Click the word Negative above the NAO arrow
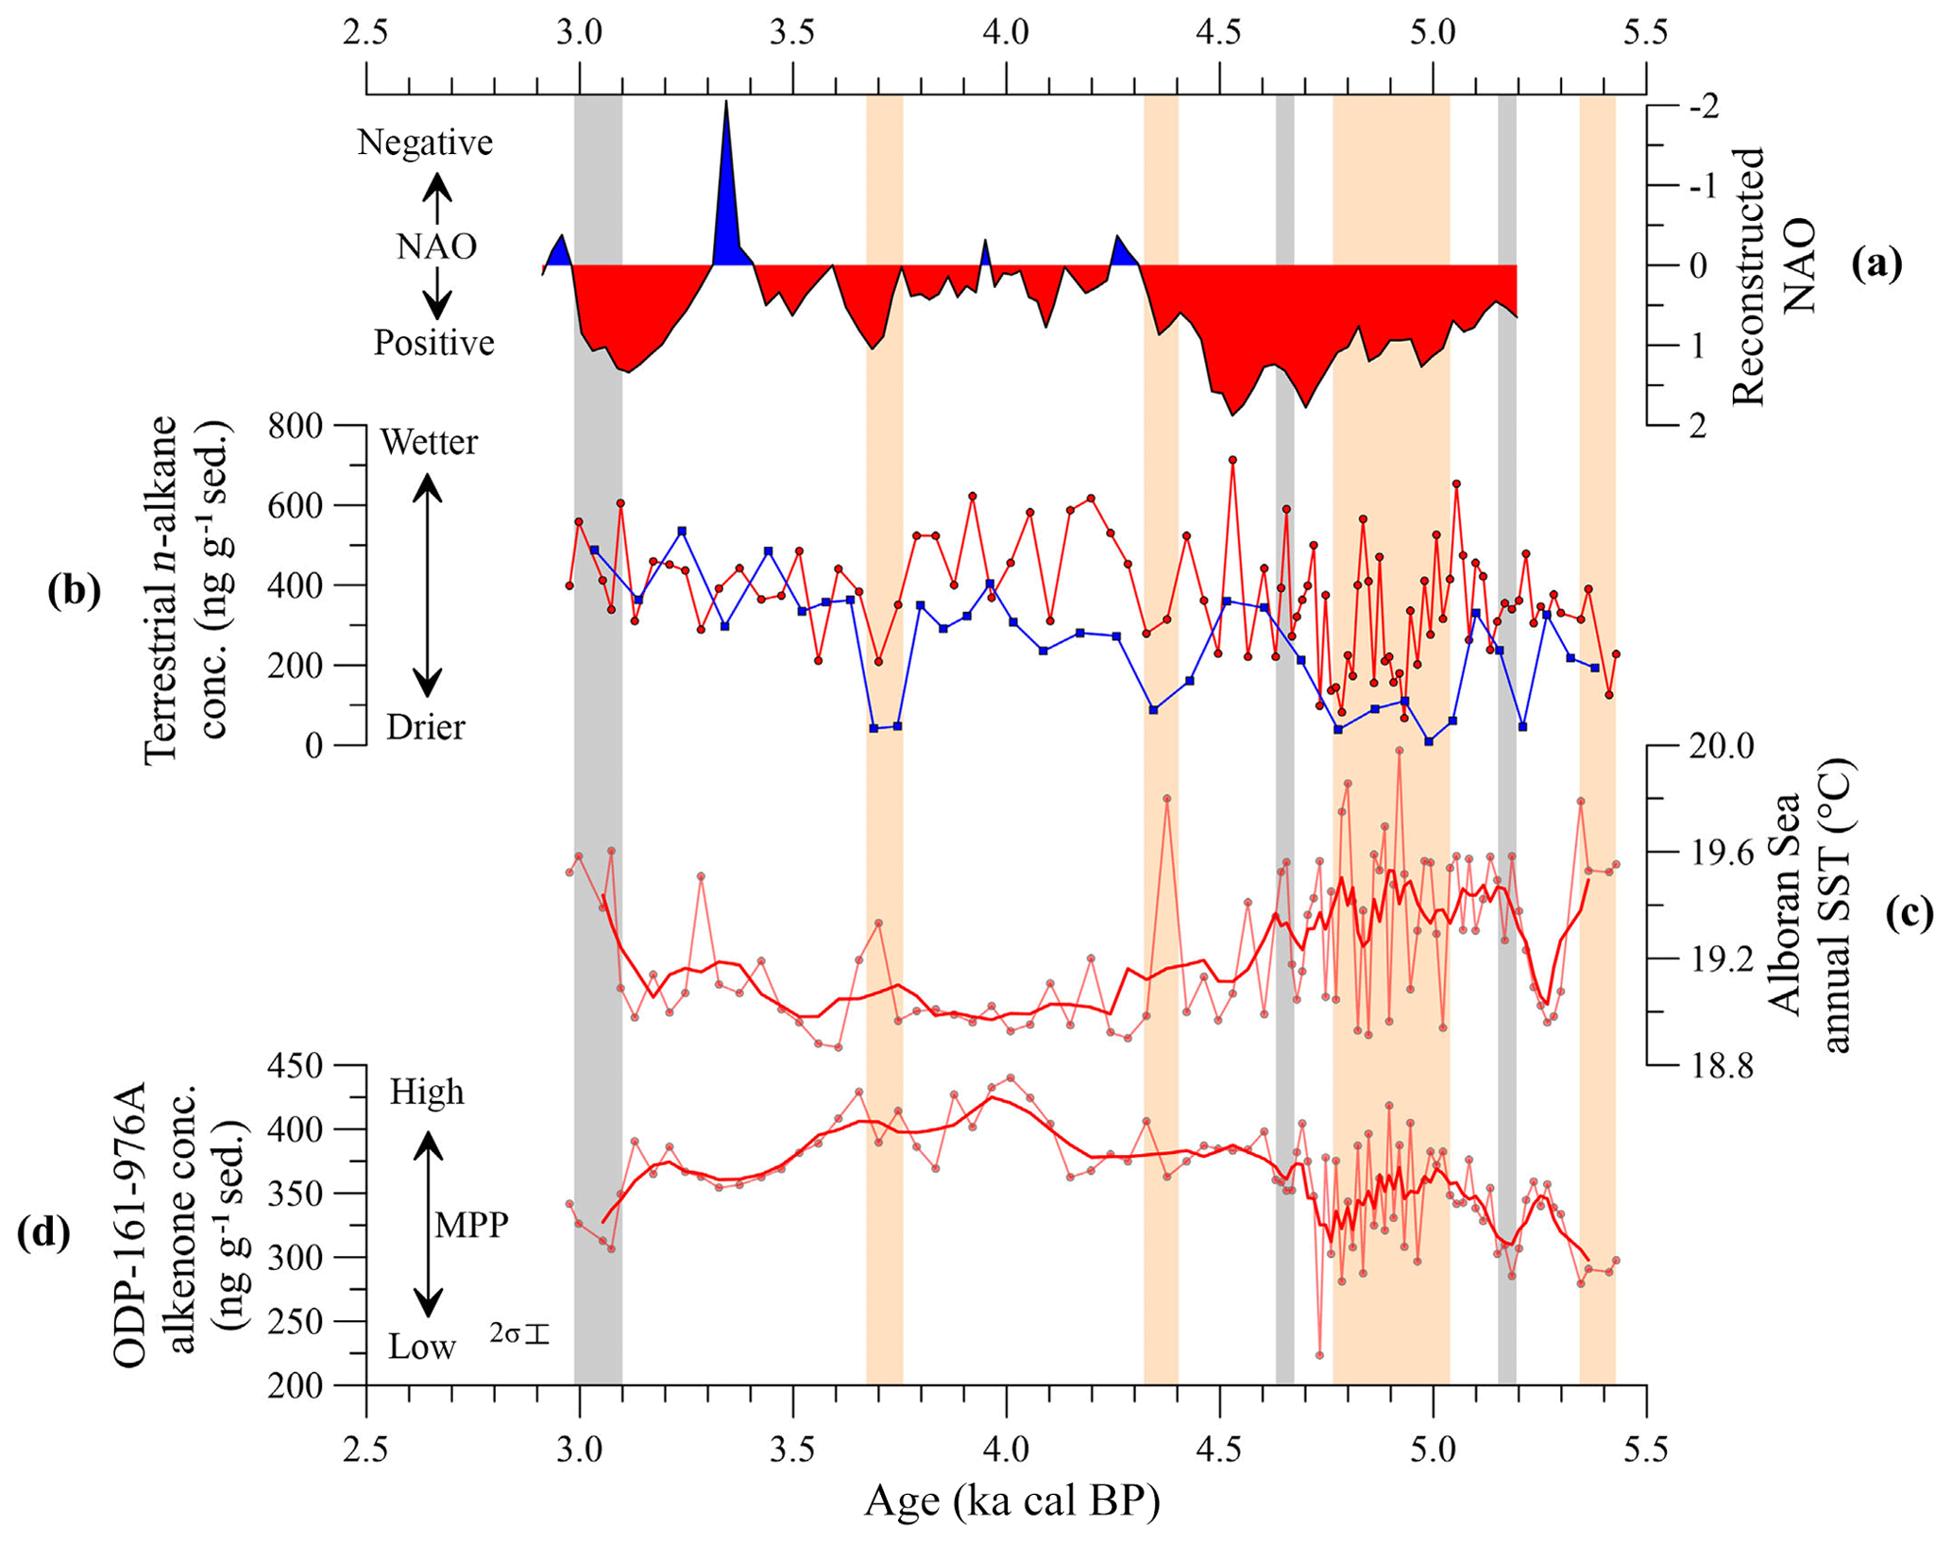coord(425,143)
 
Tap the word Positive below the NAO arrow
coord(433,342)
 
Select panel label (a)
coord(1876,265)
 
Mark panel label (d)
coord(43,1233)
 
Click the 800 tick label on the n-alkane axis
coord(296,426)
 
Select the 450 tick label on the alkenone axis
coord(296,1066)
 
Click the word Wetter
coord(429,442)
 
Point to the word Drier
coord(426,727)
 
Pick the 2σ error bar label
coord(518,1334)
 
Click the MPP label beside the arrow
coord(471,1226)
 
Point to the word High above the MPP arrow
coord(427,1092)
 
